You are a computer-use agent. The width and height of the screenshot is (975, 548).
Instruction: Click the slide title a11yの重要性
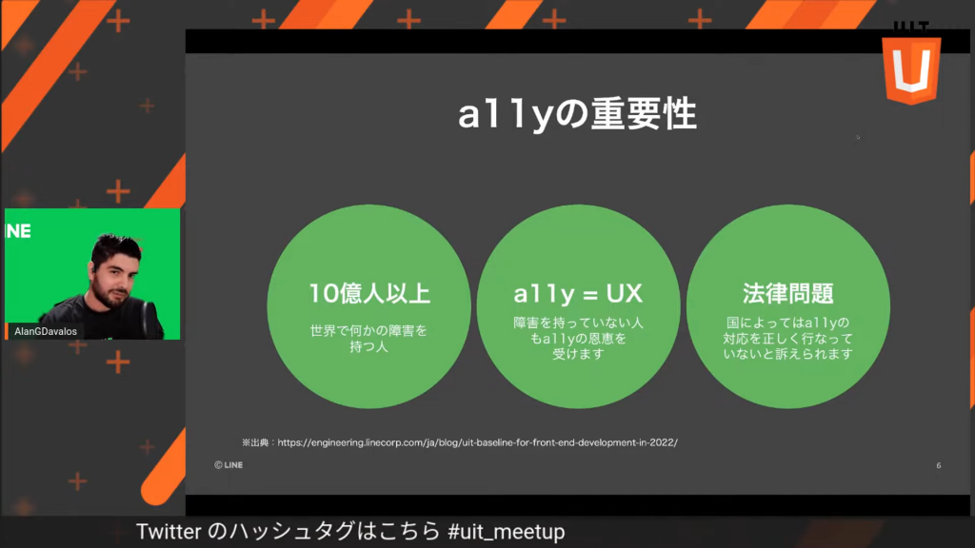578,115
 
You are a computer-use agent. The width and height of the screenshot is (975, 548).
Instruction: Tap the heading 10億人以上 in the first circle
369,293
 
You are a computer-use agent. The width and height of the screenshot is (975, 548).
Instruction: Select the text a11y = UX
578,294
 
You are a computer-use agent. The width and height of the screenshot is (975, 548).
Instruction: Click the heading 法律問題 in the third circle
787,293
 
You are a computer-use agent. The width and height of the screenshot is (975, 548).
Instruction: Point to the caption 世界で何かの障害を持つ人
368,339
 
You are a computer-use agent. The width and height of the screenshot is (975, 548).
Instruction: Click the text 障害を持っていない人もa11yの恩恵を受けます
578,339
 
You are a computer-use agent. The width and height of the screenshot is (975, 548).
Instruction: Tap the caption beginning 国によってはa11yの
787,339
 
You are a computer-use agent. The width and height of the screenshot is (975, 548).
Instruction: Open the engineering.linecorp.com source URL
478,442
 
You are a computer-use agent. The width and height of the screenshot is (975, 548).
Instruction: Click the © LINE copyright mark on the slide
229,464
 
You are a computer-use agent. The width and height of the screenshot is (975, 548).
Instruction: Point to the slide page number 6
938,465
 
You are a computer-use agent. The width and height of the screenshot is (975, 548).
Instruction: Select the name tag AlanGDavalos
46,331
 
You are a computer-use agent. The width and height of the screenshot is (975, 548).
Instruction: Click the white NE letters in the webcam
18,231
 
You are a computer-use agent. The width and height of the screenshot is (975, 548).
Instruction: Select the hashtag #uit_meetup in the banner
507,532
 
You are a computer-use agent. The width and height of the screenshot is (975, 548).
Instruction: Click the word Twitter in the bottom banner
169,532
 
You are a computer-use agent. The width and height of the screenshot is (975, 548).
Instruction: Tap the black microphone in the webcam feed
151,318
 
